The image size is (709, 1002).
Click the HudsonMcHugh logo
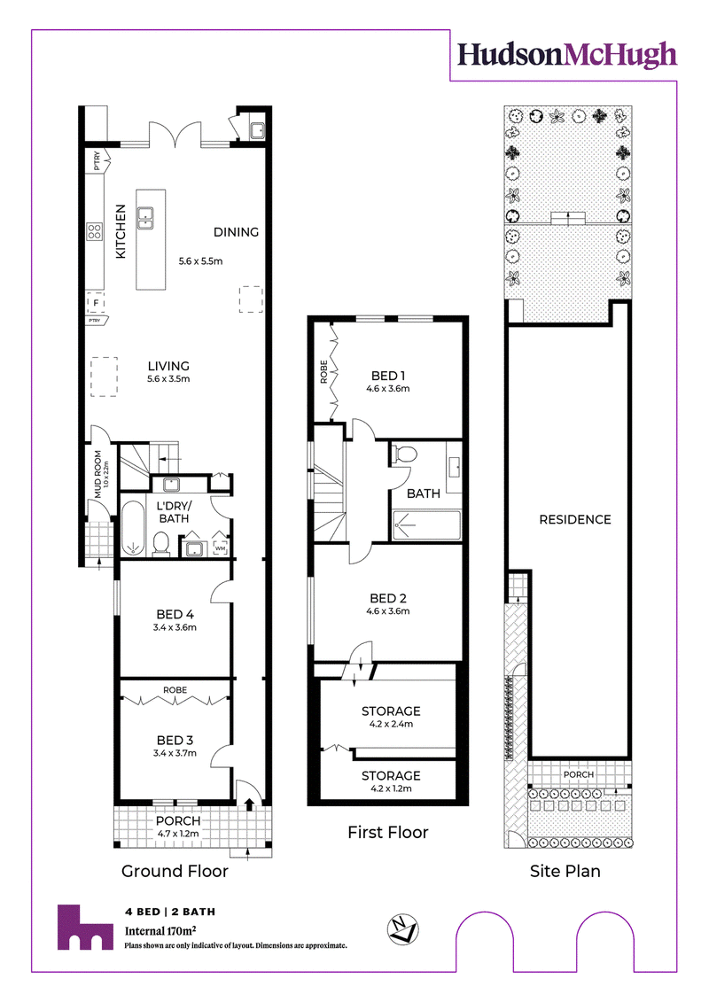coord(567,55)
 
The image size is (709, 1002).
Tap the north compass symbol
coord(402,929)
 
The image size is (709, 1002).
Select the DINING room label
coord(236,232)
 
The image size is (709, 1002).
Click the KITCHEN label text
coord(121,231)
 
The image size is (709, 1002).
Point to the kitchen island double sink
coord(145,219)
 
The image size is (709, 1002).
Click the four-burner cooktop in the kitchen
coord(95,231)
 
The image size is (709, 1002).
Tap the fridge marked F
coord(96,302)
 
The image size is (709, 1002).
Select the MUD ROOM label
coord(97,474)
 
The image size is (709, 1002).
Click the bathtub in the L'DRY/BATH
coord(133,529)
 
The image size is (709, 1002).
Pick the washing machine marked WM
coord(220,548)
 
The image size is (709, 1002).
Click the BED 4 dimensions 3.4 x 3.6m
coord(175,627)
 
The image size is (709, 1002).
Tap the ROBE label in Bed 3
coord(175,690)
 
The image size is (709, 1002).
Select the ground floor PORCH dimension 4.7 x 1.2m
coord(178,834)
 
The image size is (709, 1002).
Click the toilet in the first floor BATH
coord(404,455)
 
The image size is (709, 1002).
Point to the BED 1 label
coord(388,376)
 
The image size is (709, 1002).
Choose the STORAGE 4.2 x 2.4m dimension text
coord(391,724)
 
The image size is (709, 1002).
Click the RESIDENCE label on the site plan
coord(575,519)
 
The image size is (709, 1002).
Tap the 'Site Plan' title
coord(565,871)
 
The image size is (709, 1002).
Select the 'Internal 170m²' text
coord(160,930)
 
